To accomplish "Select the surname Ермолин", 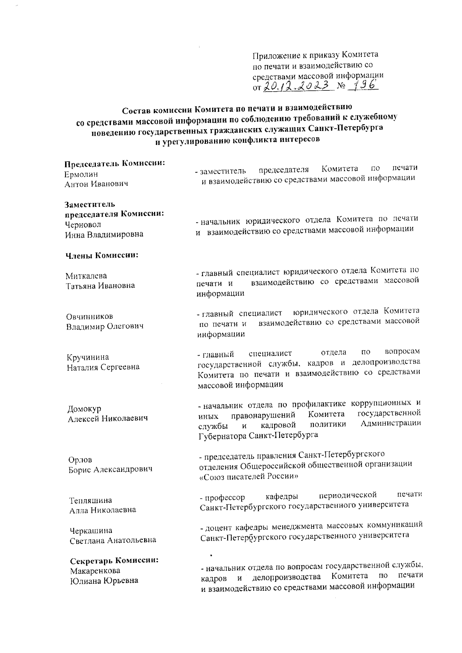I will (x=81, y=174).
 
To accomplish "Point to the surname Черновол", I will (x=83, y=224).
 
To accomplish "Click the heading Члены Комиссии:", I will (x=101, y=255).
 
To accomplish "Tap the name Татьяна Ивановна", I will (x=100, y=286).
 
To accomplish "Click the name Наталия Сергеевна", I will (x=103, y=367).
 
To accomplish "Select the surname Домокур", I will (x=84, y=409).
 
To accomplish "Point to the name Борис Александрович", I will (x=110, y=469).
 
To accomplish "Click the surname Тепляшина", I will (x=90, y=500).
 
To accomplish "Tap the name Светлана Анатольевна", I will (x=113, y=540).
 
